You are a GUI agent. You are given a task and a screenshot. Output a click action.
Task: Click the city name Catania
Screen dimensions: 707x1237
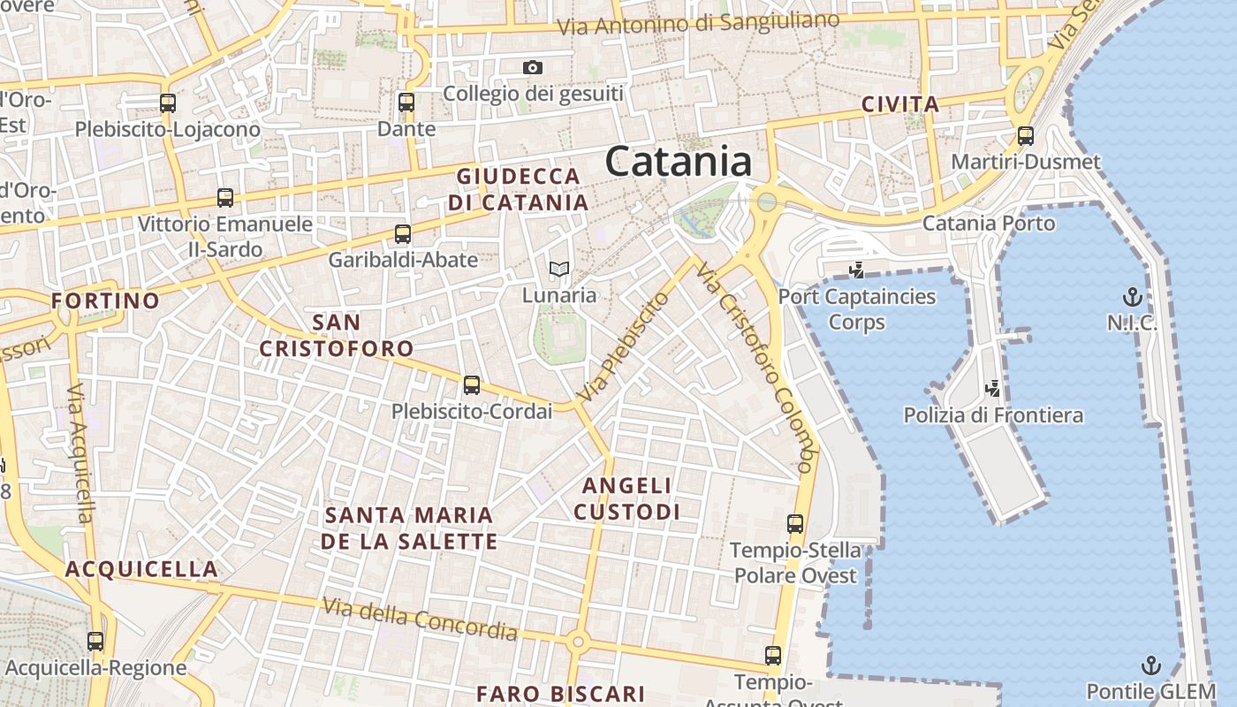(679, 162)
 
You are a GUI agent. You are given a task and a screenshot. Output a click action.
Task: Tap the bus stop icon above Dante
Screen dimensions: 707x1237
(406, 103)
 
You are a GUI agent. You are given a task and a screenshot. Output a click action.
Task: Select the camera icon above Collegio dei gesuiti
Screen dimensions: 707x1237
(532, 67)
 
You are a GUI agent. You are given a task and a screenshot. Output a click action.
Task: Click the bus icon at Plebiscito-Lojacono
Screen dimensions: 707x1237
(168, 103)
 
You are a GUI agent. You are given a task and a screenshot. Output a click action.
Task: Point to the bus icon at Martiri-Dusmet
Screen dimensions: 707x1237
(1025, 136)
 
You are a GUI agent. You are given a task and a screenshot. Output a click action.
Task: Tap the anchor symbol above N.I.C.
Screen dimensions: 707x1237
(1132, 296)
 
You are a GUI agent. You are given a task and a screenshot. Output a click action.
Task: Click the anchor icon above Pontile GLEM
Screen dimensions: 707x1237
(1150, 665)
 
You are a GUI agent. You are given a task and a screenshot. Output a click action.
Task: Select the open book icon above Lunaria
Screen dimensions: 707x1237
(558, 269)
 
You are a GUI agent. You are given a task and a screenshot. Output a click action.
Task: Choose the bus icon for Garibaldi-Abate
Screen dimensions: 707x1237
(403, 234)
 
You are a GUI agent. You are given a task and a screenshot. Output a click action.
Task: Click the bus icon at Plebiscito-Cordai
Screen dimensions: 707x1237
(472, 385)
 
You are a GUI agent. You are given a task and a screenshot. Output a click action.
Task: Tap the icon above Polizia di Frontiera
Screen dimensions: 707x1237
(993, 388)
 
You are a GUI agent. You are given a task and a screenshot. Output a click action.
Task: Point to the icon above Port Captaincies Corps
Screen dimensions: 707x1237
(855, 270)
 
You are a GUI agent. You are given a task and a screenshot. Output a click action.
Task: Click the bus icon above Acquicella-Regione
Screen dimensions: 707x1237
(95, 642)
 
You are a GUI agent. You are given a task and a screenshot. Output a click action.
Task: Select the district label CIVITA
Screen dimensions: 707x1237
(900, 105)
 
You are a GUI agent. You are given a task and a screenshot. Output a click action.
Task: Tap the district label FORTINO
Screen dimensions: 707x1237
(105, 301)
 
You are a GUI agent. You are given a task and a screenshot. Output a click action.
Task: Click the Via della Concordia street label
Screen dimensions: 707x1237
(420, 619)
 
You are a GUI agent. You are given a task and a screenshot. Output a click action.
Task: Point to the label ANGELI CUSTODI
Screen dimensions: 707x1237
(627, 498)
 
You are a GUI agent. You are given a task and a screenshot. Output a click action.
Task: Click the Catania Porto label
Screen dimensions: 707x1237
(989, 223)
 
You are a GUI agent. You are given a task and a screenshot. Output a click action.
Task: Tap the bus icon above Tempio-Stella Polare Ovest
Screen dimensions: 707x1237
(795, 524)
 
